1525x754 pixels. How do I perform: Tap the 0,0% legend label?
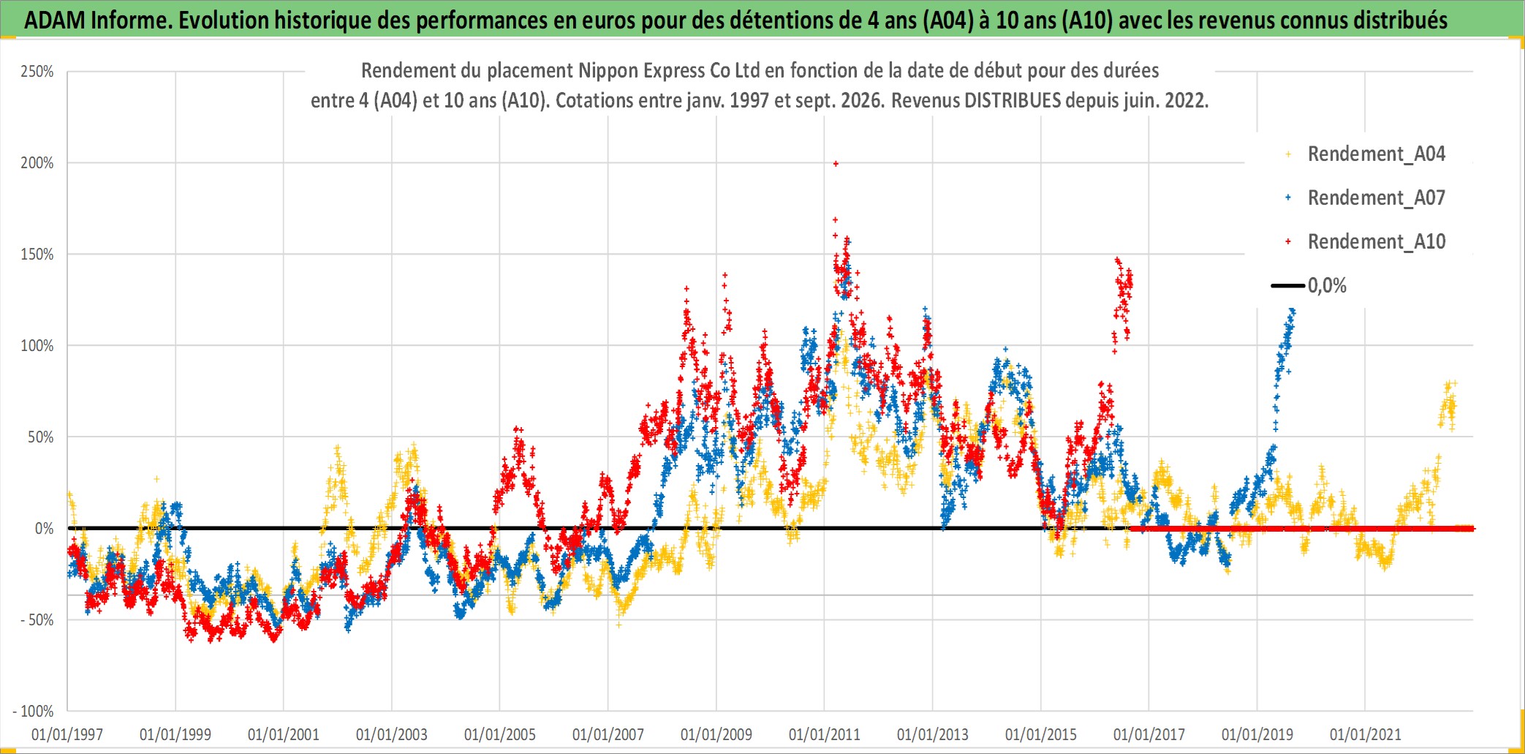(x=1327, y=286)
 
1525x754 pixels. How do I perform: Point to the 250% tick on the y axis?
(x=37, y=72)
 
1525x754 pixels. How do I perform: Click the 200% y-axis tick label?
(x=37, y=163)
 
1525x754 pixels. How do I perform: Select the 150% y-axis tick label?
(x=37, y=255)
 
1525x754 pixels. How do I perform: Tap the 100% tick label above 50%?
(x=37, y=346)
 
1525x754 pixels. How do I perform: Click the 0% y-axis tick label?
(x=45, y=529)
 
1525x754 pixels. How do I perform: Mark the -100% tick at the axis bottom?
(x=34, y=712)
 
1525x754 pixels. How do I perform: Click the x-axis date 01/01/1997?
(x=67, y=735)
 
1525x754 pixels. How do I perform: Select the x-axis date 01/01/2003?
(x=392, y=735)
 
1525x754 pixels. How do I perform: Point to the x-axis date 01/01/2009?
(x=716, y=735)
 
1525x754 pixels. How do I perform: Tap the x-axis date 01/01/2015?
(x=1041, y=735)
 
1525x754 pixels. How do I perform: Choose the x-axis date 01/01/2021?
(x=1366, y=735)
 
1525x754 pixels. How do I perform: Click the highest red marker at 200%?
(x=836, y=164)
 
